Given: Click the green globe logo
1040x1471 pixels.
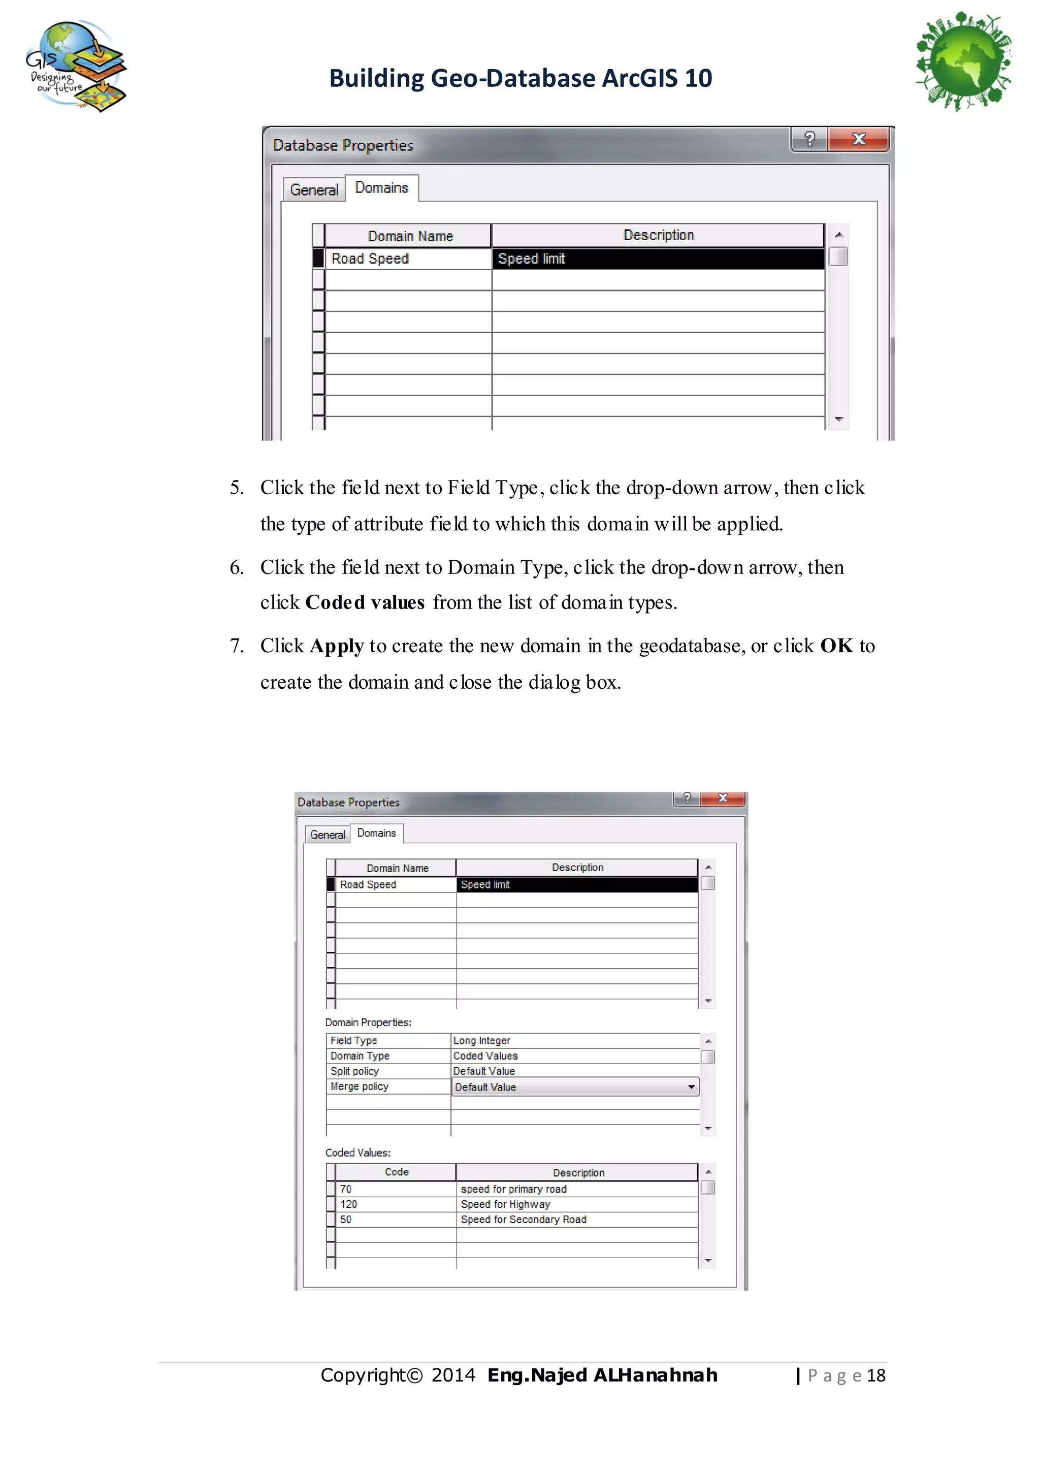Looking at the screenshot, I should tap(964, 61).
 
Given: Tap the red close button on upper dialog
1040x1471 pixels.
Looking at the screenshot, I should tap(858, 139).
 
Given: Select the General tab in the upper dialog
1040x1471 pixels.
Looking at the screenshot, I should tap(314, 189).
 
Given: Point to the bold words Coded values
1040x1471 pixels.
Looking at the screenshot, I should tap(365, 603).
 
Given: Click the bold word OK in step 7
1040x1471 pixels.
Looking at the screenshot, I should tap(836, 646).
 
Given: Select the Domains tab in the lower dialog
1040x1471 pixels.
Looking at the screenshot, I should tap(377, 833).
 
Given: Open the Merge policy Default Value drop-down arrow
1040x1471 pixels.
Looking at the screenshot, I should tap(692, 1086).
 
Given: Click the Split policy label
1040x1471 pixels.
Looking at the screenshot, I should tap(355, 1071).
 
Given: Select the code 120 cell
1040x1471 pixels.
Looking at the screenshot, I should tap(349, 1204).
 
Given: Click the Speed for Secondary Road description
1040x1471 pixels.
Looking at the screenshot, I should tap(523, 1220).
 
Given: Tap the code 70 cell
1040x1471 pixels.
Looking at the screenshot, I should tap(346, 1189).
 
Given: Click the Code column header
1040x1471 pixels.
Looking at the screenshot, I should tap(397, 1172).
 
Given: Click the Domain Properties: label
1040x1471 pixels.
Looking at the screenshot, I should tap(368, 1022).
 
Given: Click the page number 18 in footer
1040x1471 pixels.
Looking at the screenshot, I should tap(876, 1376).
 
